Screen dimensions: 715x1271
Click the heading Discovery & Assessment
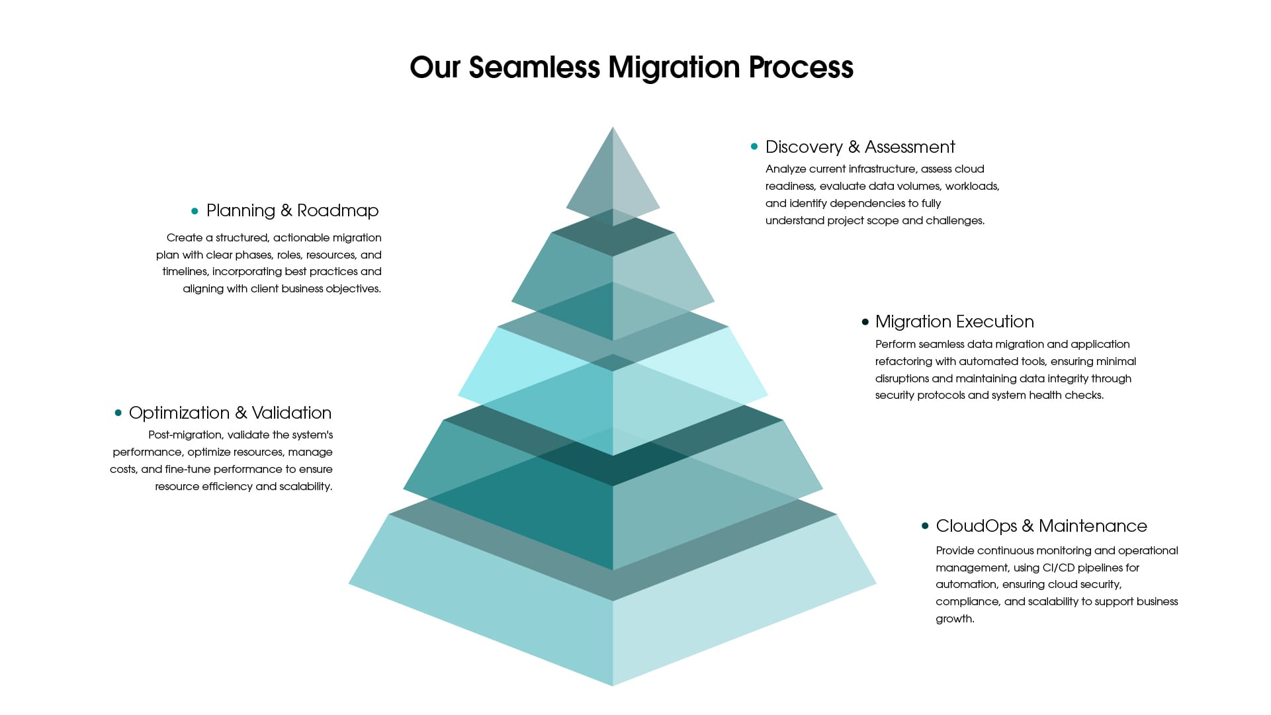(860, 147)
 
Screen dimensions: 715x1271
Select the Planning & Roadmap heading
(292, 210)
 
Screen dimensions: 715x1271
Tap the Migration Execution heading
(954, 321)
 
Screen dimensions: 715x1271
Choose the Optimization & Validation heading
(230, 413)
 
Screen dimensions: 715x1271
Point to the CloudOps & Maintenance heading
(1041, 526)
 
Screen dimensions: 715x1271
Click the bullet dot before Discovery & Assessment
(754, 146)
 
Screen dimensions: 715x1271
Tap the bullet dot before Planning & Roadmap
(195, 211)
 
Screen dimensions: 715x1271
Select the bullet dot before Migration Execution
(865, 322)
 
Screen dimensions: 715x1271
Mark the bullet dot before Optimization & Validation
(118, 413)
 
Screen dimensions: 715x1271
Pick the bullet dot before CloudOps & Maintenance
(925, 526)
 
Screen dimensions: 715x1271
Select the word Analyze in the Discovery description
(785, 169)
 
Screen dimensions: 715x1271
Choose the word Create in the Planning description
(184, 237)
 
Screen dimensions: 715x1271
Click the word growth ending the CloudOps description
(953, 619)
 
